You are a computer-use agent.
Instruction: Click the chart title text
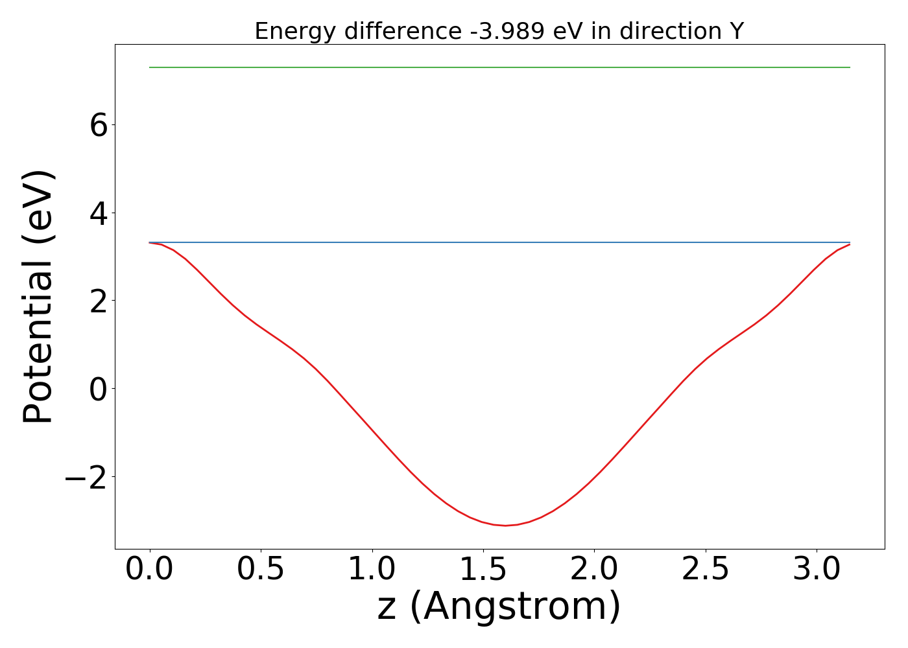[x=499, y=31]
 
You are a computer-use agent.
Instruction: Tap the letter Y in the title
[x=736, y=31]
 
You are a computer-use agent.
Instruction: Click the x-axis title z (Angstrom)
[x=499, y=607]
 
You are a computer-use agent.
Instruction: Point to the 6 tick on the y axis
[x=99, y=125]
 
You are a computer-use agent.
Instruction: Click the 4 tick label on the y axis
[x=99, y=213]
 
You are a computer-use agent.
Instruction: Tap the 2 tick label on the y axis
[x=99, y=301]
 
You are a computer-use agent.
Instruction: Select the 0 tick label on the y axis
[x=99, y=389]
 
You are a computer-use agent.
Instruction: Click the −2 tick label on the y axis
[x=86, y=478]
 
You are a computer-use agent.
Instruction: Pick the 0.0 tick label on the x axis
[x=150, y=570]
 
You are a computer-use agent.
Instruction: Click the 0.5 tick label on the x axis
[x=261, y=570]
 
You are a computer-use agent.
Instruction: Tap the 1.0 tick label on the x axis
[x=372, y=570]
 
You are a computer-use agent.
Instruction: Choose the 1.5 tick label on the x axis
[x=483, y=570]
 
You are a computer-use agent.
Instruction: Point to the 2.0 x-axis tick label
[x=594, y=570]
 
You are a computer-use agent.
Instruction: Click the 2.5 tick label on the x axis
[x=705, y=570]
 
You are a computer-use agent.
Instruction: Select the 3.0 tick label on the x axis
[x=817, y=570]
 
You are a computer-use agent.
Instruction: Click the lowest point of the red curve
[x=506, y=526]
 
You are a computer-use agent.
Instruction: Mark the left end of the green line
[x=150, y=67]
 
